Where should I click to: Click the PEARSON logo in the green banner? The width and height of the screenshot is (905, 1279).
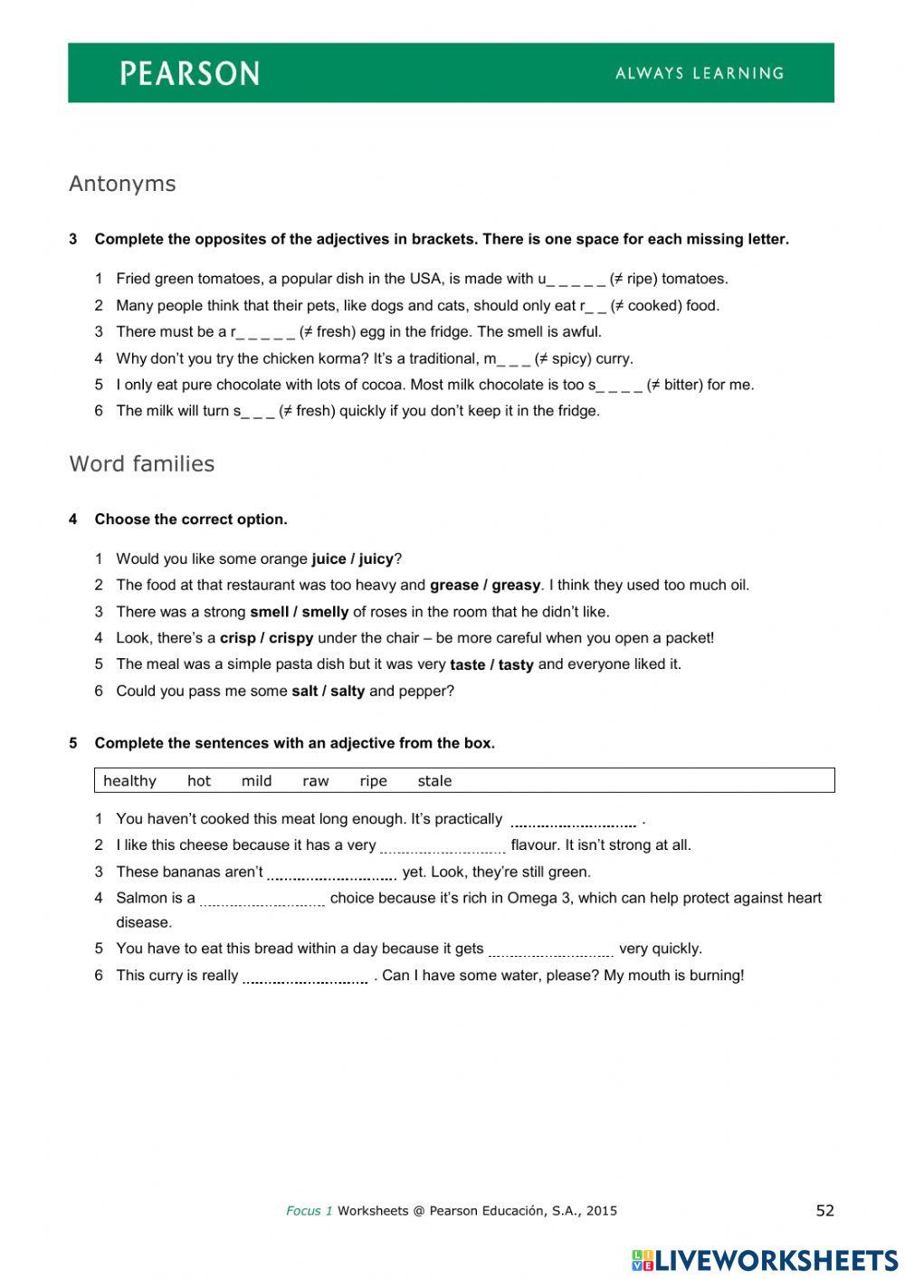point(190,73)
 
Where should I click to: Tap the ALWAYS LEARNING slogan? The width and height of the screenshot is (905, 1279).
point(700,73)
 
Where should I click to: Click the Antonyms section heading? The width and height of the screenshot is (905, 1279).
point(122,184)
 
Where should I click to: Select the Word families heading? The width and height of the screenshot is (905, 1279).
point(142,463)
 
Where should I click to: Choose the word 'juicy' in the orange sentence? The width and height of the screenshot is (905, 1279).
point(376,558)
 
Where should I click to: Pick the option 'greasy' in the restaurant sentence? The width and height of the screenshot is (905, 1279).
point(517,585)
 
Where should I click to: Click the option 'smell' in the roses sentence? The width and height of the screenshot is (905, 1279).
point(269,612)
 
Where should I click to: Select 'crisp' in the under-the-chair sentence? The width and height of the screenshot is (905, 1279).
point(237,638)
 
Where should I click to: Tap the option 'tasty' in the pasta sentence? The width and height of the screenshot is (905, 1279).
point(516,664)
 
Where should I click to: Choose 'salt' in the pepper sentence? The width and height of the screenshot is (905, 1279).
point(303,692)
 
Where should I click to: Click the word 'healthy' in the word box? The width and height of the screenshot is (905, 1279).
point(129,781)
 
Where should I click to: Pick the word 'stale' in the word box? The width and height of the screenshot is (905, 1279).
point(434,781)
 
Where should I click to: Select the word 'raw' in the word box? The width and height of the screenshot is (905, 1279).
point(316,781)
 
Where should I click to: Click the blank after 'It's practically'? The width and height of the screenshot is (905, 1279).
point(573,820)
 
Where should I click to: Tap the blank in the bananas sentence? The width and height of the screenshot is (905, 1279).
point(332,873)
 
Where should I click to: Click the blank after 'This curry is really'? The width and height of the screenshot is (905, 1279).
point(305,977)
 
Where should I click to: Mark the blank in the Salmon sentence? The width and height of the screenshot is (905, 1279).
point(262,900)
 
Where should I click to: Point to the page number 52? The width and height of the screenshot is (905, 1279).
point(824,1210)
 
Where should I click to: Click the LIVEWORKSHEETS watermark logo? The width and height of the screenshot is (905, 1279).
point(765,1260)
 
